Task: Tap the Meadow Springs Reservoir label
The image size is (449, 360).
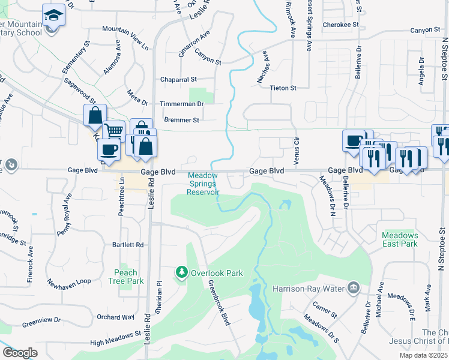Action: pos(203,184)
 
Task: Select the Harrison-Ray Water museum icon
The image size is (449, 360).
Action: pos(354,289)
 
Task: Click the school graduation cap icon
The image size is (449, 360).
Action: pos(53,15)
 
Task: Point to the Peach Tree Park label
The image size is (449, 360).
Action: pos(126,277)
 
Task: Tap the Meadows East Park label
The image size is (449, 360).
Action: pos(400,239)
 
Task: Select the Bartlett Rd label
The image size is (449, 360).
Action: pos(128,245)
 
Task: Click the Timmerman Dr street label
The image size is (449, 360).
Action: pos(182,104)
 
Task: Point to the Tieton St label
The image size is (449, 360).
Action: pos(283,88)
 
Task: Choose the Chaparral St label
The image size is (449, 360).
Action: pos(178,79)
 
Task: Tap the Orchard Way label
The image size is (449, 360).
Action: pos(115,317)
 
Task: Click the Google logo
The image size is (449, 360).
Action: pos(20,353)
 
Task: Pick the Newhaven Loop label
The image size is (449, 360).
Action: pos(69,283)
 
